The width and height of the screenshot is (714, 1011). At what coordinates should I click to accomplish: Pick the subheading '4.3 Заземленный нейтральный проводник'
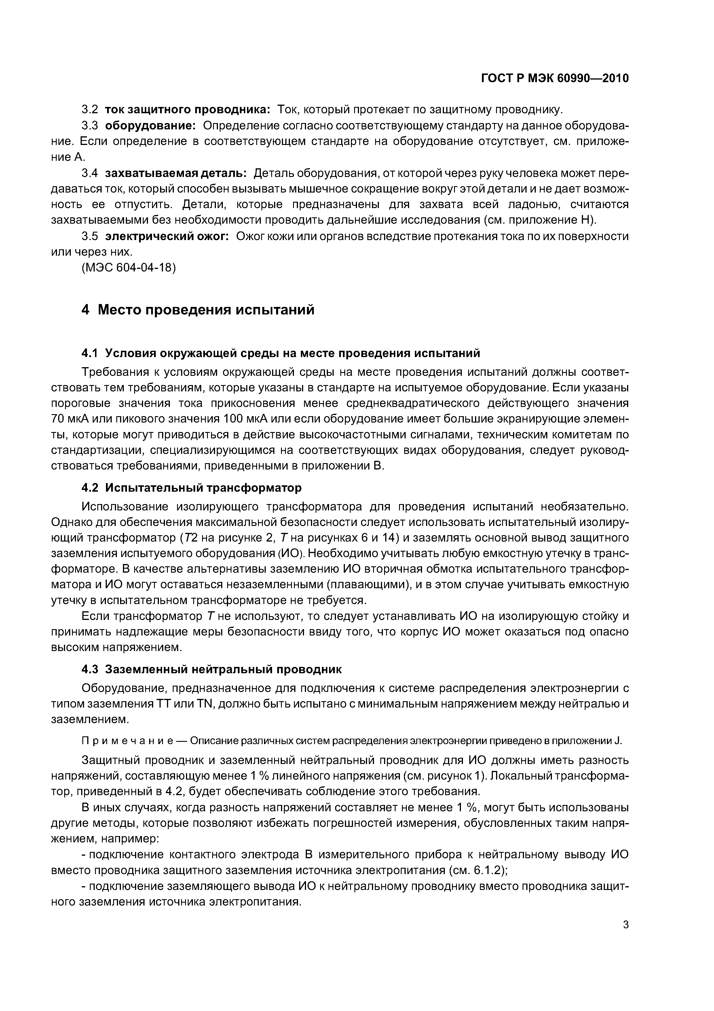click(x=212, y=669)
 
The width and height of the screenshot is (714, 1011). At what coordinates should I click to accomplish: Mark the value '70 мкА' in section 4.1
click(x=70, y=419)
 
